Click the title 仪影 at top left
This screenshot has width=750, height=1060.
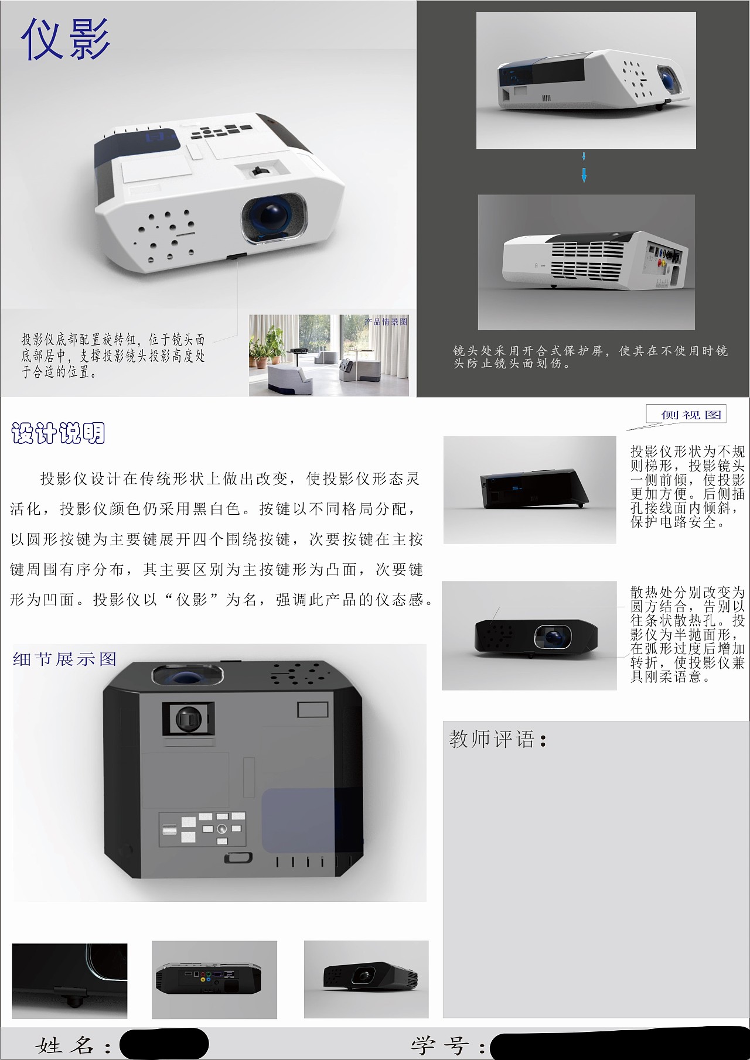pyautogui.click(x=66, y=39)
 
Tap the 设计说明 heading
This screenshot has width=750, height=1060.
pyautogui.click(x=58, y=433)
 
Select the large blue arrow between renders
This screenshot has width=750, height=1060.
pyautogui.click(x=584, y=175)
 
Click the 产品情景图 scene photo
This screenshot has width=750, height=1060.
pyautogui.click(x=329, y=355)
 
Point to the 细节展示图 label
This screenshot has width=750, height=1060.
pyautogui.click(x=65, y=659)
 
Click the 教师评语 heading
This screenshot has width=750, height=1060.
pyautogui.click(x=498, y=739)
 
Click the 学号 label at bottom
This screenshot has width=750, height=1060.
pyautogui.click(x=448, y=1045)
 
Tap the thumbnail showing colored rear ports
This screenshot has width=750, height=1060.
pyautogui.click(x=214, y=979)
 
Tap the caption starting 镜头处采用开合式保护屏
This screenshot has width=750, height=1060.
pyautogui.click(x=590, y=357)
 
